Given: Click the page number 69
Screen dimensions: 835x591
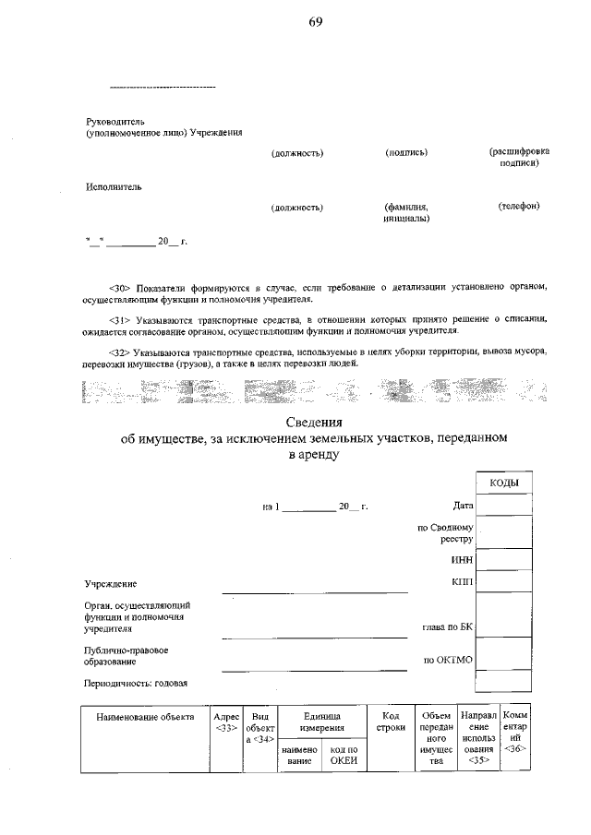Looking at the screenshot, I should pos(315,21).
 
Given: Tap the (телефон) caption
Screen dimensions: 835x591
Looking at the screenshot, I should pos(518,206).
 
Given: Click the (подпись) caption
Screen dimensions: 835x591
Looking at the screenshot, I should pos(406,152).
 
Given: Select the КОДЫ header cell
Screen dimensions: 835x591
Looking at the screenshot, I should pos(503,483).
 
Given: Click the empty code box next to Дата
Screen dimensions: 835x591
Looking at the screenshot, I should pos(503,505).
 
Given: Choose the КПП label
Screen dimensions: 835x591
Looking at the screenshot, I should pos(462,581).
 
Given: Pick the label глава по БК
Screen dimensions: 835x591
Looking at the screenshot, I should pos(447,627).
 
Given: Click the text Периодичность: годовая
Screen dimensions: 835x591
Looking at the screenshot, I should pos(137,683).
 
